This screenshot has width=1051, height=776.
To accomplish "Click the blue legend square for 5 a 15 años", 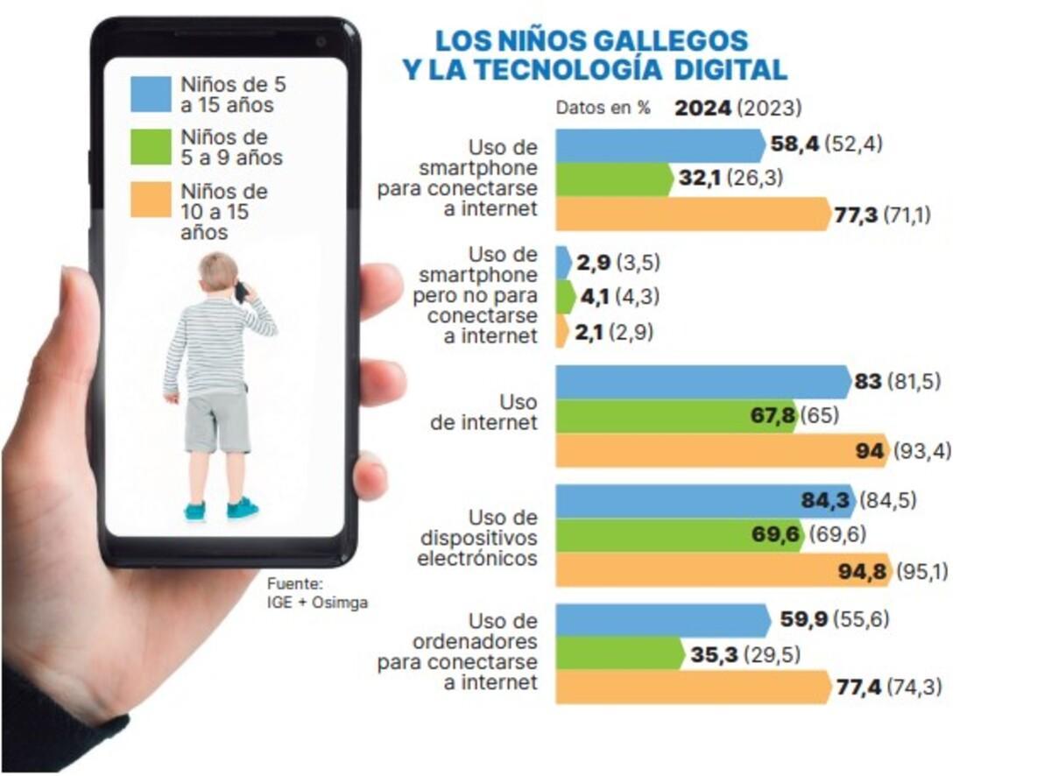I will [151, 95].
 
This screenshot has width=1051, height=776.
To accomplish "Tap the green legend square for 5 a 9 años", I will [151, 147].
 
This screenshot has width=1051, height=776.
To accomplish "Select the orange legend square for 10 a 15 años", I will [151, 200].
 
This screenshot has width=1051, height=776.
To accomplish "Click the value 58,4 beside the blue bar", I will [794, 144].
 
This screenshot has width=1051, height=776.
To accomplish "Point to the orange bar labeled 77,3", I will [692, 214].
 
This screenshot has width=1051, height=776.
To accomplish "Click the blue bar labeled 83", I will [701, 382].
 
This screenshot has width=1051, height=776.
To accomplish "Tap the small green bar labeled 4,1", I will [565, 297].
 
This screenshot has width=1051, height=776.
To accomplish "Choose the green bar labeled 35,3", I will [618, 654].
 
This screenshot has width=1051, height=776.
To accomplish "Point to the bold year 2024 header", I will [702, 109].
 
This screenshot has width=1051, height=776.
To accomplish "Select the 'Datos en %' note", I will [603, 109].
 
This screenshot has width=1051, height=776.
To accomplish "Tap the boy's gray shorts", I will [216, 422].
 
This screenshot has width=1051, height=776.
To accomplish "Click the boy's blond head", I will [216, 273].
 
